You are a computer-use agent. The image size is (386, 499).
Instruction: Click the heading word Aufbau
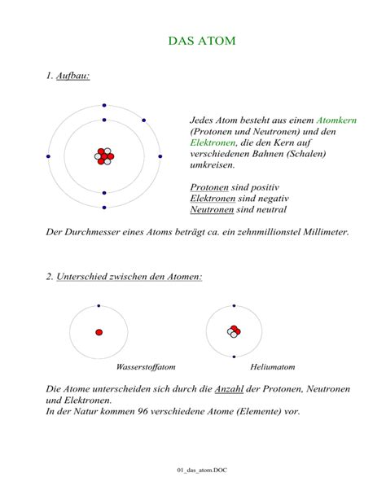(72, 76)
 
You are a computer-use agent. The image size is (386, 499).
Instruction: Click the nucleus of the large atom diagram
(104, 156)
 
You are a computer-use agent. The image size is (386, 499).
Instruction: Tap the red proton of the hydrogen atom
(99, 332)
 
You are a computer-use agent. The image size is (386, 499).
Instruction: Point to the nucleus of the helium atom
(235, 331)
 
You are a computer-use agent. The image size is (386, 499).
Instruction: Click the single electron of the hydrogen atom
(99, 306)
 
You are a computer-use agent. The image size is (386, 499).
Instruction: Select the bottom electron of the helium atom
(235, 357)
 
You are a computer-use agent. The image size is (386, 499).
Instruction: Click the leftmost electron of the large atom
(48, 155)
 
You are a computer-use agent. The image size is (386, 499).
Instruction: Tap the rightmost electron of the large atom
(160, 155)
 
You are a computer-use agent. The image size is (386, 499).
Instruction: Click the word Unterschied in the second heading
(86, 277)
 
